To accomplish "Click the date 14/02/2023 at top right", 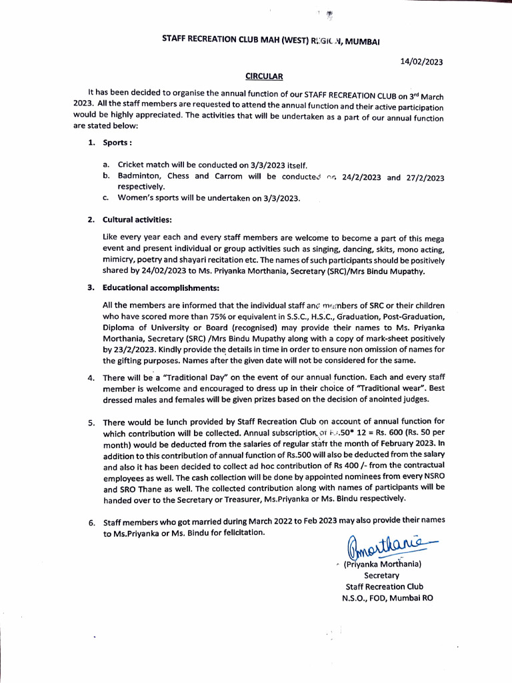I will [421, 62].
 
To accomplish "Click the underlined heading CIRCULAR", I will [265, 77].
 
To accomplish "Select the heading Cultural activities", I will [137, 219].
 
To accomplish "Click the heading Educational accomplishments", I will [161, 287].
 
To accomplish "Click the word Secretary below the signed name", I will [381, 575].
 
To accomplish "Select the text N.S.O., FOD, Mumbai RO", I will [387, 598].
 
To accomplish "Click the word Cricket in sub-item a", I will [131, 165].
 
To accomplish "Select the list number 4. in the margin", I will [91, 379].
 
